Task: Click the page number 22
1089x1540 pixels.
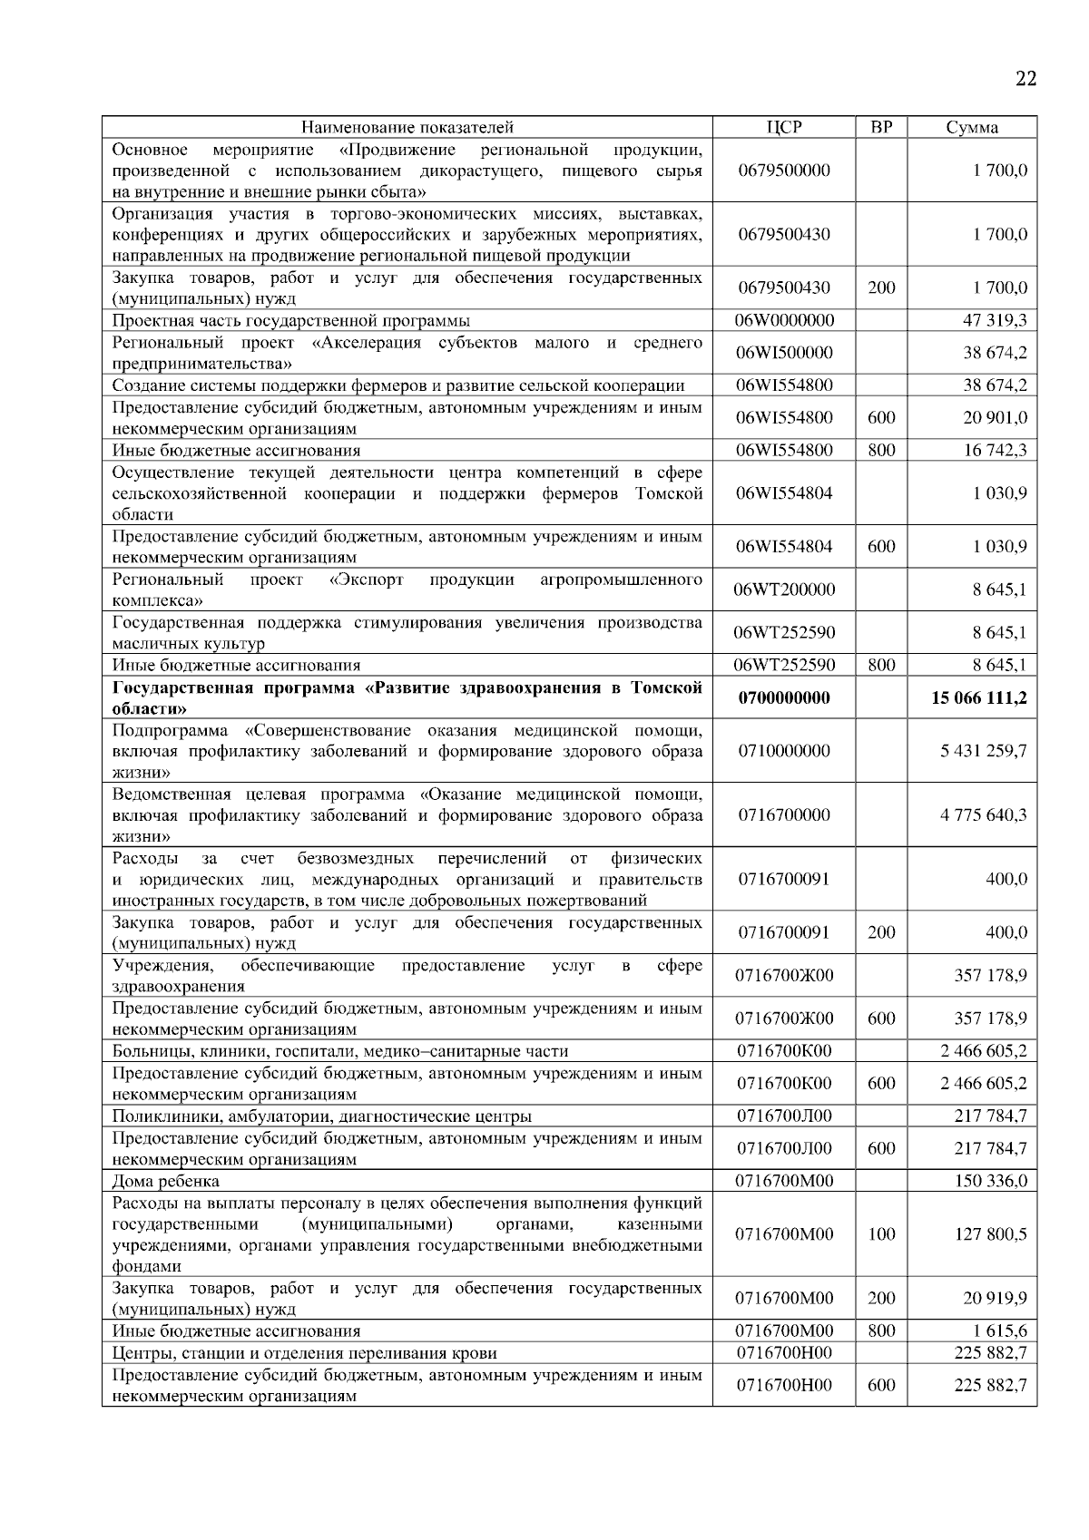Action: pos(1025,79)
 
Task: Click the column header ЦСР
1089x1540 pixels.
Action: pos(784,127)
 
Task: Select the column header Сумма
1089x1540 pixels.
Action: pos(972,127)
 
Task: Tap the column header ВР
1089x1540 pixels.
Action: pos(881,127)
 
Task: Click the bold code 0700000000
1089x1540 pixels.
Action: pos(784,698)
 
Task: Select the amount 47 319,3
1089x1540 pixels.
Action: pos(995,320)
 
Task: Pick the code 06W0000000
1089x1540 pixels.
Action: pos(784,320)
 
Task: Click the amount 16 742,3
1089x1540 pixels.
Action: pos(995,450)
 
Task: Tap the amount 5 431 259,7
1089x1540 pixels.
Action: pos(984,751)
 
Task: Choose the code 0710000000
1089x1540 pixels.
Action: pos(784,751)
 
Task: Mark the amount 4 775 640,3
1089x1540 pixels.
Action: pos(984,814)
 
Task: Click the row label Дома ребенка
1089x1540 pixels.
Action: pos(166,1181)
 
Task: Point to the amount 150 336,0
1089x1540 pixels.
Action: pos(991,1181)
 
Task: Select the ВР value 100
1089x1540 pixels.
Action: pos(881,1234)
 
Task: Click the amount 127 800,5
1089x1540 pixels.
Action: pos(991,1234)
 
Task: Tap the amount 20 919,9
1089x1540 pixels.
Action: pos(995,1299)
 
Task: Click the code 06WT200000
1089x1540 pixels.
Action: pos(784,590)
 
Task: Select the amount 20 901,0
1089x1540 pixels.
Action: pos(995,417)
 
